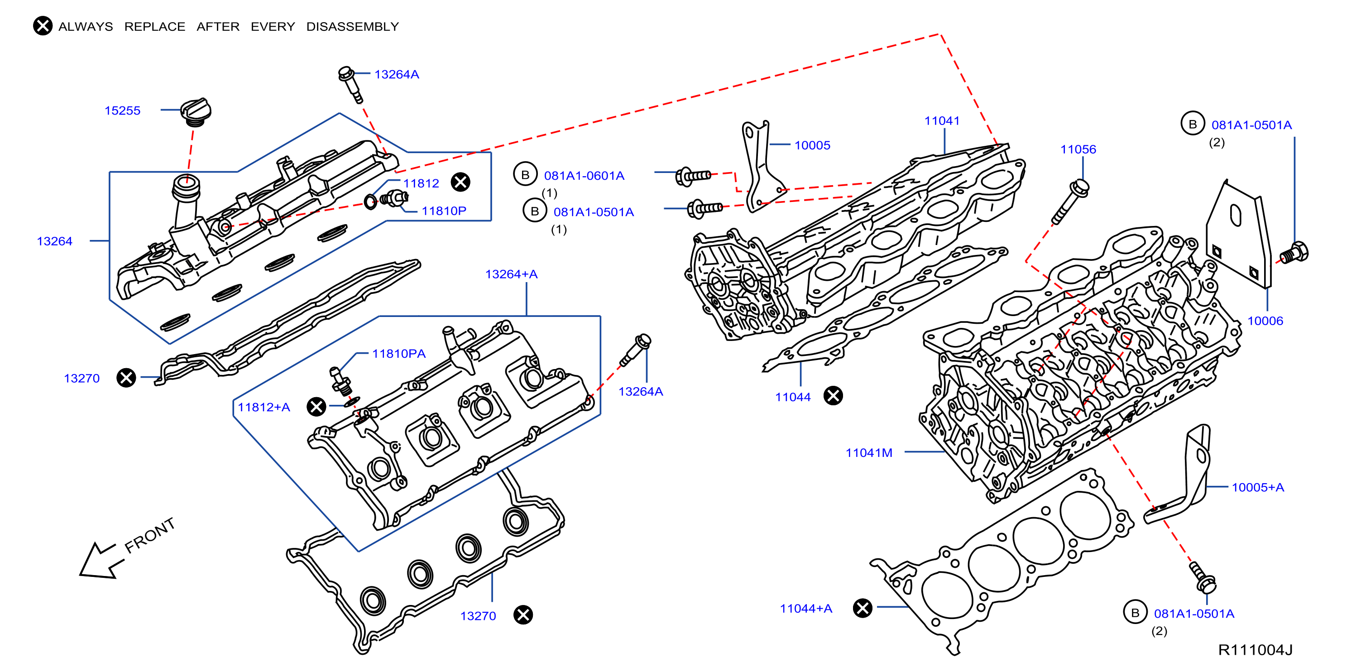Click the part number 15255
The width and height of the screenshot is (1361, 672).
[x=122, y=110]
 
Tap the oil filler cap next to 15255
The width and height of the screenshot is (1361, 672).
[x=196, y=111]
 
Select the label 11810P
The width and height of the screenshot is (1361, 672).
[x=443, y=211]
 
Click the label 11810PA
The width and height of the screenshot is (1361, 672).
[x=398, y=353]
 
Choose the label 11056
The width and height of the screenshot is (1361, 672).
[x=1078, y=149]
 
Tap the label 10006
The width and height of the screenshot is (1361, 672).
[x=1265, y=321]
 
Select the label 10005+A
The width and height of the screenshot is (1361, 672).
[x=1257, y=487]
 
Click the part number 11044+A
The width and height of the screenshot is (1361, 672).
[x=806, y=609]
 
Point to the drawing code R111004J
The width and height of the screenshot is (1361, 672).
[x=1255, y=650]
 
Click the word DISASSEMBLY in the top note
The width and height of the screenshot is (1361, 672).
[x=352, y=26]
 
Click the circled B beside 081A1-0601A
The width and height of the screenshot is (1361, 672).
[x=525, y=175]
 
